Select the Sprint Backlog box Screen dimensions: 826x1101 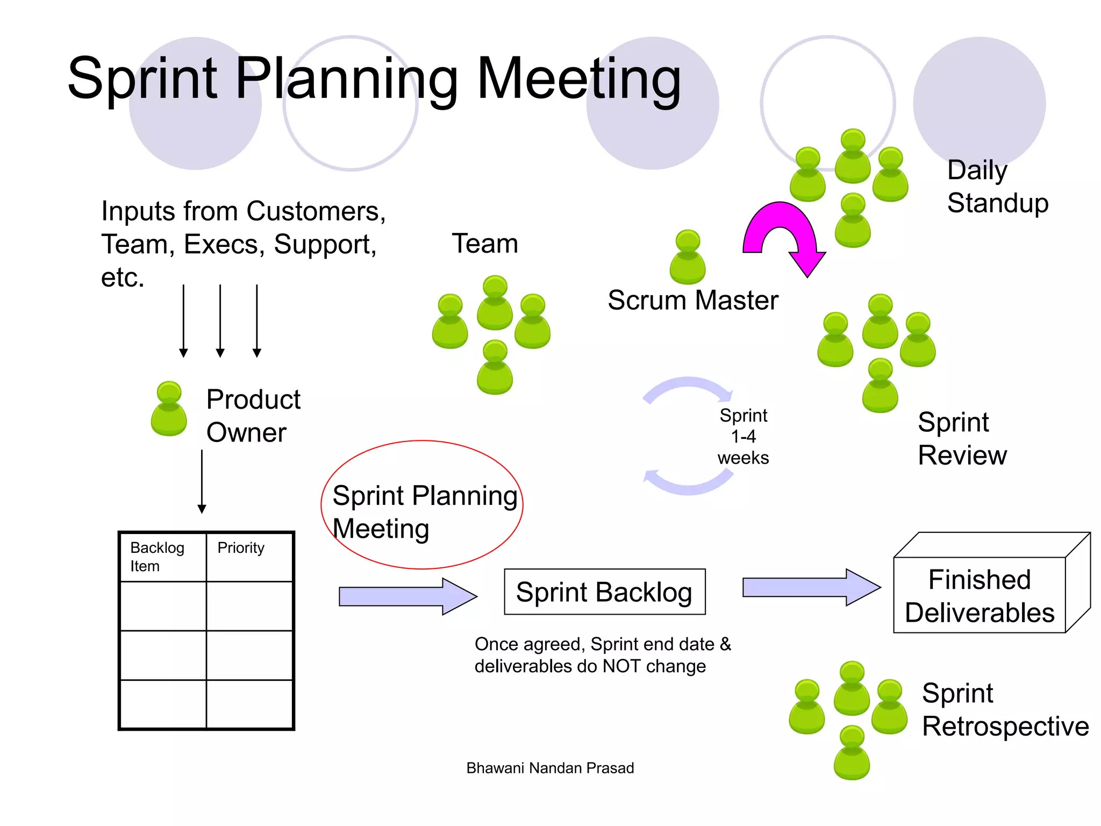(604, 592)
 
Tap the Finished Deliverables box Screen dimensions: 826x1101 (980, 596)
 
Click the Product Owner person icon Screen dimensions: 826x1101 (169, 409)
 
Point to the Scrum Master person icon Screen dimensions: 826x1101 (688, 257)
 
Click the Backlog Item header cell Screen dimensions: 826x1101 (163, 557)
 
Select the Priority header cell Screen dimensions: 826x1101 (249, 557)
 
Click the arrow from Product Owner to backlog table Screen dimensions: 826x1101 (202, 481)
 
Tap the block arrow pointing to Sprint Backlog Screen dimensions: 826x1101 (407, 596)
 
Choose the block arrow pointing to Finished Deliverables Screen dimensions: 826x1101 (811, 587)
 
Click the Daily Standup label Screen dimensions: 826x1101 (997, 187)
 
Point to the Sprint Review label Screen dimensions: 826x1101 (962, 439)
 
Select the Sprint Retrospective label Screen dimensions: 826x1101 (1005, 709)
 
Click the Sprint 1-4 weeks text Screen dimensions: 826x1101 (743, 437)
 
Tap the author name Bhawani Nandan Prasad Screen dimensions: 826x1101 (550, 768)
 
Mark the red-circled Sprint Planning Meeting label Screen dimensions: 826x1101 (423, 511)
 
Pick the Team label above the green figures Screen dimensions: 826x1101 (485, 244)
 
